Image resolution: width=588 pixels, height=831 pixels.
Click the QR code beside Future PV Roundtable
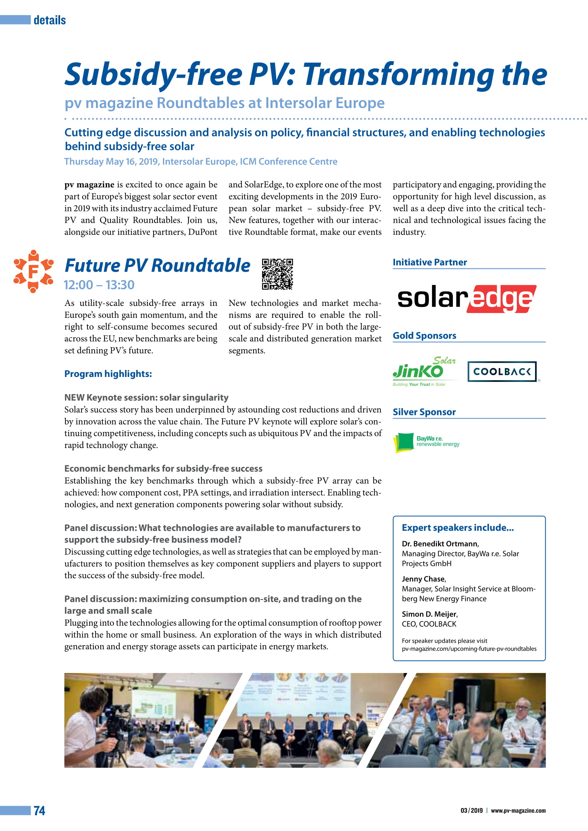click(277, 274)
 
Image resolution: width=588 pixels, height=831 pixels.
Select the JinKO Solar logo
click(424, 371)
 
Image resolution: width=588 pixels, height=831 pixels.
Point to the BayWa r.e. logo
click(426, 442)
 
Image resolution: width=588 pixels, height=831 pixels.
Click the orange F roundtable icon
click(33, 271)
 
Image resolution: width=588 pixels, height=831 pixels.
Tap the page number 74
click(39, 810)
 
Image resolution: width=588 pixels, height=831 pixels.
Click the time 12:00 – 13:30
click(99, 285)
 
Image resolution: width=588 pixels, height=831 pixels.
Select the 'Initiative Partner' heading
click(429, 262)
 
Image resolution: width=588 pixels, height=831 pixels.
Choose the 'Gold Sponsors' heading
click(424, 335)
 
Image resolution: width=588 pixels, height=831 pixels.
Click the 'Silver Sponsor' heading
click(424, 412)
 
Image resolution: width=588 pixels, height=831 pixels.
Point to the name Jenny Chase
click(423, 579)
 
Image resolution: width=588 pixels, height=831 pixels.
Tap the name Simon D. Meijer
click(429, 614)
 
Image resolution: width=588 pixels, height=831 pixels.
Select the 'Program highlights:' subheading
click(108, 373)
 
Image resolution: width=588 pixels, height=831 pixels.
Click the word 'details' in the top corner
click(50, 20)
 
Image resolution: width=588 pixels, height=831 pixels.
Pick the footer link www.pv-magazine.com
click(518, 810)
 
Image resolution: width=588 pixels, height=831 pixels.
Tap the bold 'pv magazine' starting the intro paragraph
click(89, 185)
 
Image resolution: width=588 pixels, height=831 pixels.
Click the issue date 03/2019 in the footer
click(471, 810)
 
